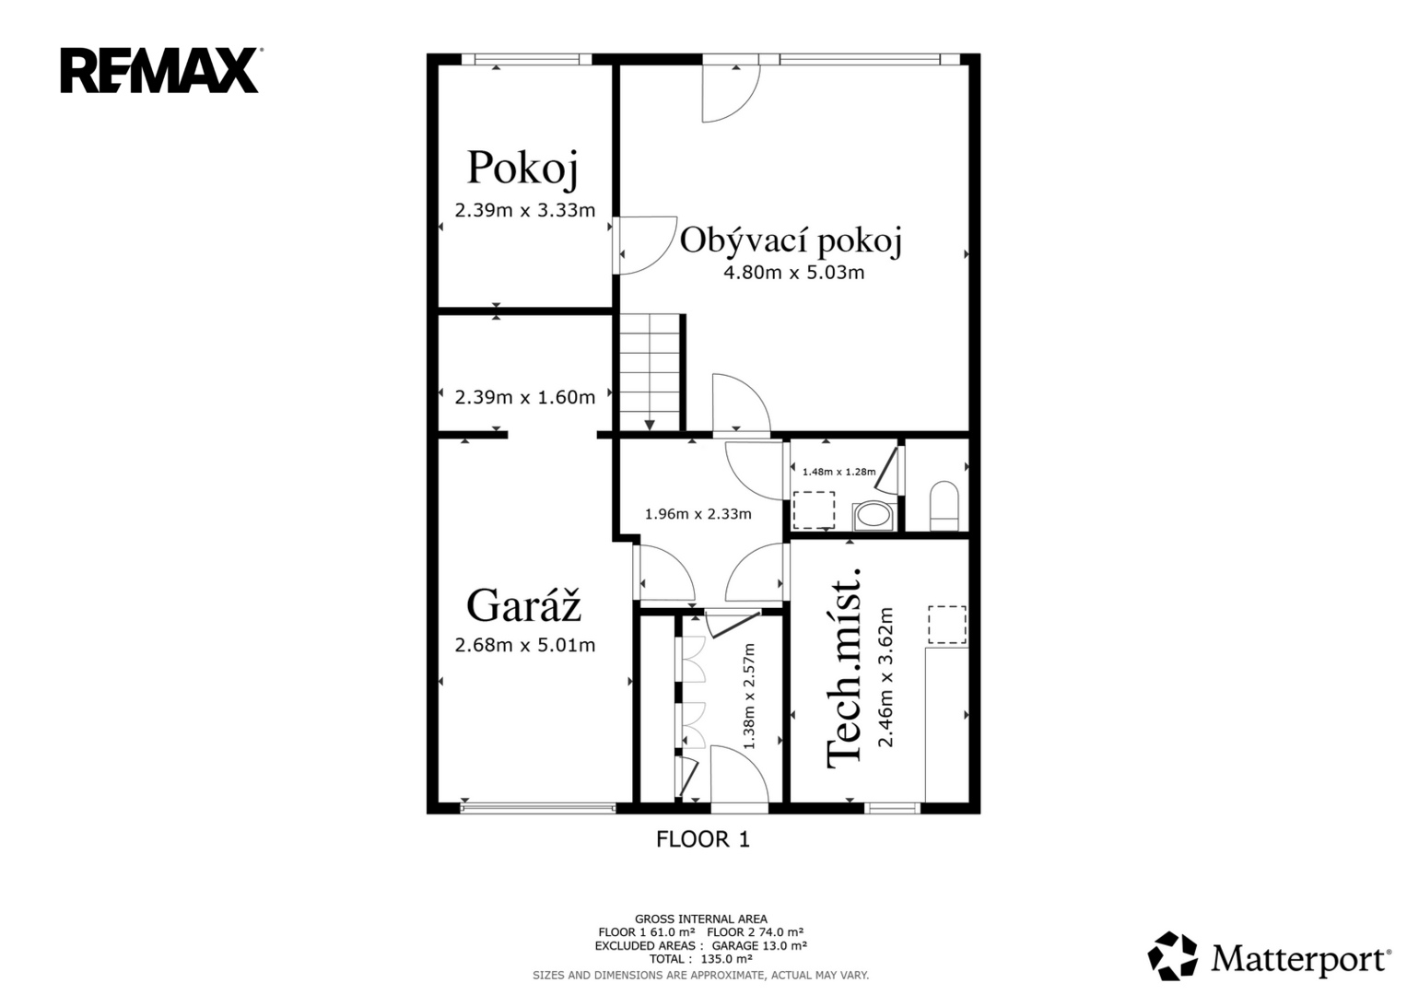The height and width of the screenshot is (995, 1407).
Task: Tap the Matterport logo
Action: (x=1268, y=955)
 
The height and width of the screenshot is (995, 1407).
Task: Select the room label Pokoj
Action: (x=522, y=169)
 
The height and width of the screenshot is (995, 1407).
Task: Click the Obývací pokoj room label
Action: (x=791, y=240)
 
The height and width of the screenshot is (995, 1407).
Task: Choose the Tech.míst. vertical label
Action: (x=843, y=669)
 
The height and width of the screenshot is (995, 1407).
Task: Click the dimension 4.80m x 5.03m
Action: (x=794, y=273)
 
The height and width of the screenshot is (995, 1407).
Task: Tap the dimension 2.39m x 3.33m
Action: (x=524, y=210)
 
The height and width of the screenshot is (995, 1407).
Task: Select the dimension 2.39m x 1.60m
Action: (x=524, y=397)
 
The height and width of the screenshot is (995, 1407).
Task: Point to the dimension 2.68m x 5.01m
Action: (x=524, y=645)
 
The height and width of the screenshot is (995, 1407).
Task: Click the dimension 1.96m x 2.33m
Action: (x=698, y=514)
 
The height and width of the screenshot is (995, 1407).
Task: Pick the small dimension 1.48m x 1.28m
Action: (x=838, y=472)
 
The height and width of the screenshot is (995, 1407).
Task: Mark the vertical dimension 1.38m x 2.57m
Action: (x=749, y=696)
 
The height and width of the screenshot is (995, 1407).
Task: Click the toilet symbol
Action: (x=944, y=507)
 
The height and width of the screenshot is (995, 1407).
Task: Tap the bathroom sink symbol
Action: (x=874, y=516)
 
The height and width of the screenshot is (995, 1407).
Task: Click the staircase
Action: (x=651, y=372)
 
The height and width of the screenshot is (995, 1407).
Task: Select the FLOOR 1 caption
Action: (x=703, y=839)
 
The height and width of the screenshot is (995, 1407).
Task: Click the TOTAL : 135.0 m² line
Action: (x=701, y=959)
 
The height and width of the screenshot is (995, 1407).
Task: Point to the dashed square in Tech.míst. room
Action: (x=947, y=625)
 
